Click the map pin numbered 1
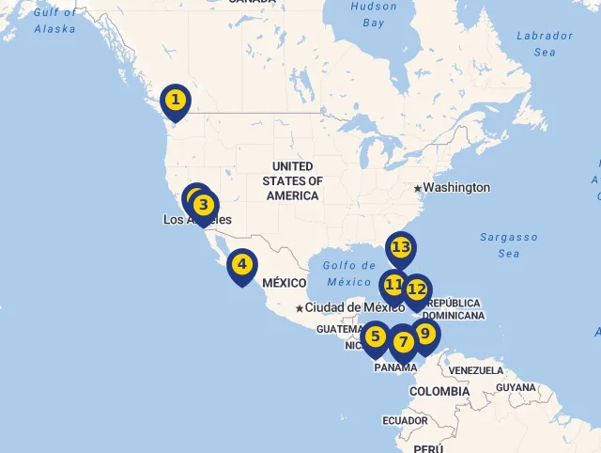tap(175, 100)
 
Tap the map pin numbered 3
tap(205, 205)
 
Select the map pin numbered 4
tap(241, 264)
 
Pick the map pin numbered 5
tap(376, 336)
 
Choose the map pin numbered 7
tap(403, 343)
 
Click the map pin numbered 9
tap(425, 334)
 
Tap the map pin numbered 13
tap(401, 248)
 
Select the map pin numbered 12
tap(417, 290)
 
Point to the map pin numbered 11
tap(393, 284)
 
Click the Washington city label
tap(455, 188)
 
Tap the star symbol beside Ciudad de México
tap(300, 308)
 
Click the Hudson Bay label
tap(374, 14)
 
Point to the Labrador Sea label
tap(545, 44)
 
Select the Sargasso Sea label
tap(509, 245)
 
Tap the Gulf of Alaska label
tap(54, 21)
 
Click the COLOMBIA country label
tap(439, 391)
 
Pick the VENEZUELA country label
tap(475, 370)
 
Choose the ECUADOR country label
tap(405, 420)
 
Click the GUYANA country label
tap(516, 387)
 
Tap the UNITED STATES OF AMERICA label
tap(292, 181)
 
